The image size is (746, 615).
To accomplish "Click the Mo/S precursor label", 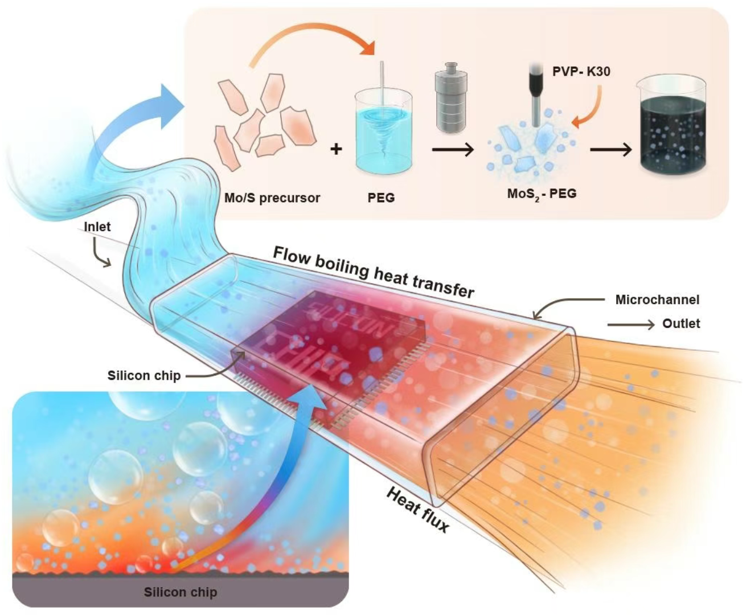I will tap(272, 198).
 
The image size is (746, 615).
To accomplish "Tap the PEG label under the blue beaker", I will tap(381, 198).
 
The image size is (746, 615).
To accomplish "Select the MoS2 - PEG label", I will tap(542, 194).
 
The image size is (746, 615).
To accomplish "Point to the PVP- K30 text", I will tap(581, 72).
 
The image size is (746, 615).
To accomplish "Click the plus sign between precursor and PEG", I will tap(337, 149).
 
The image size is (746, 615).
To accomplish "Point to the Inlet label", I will tap(97, 227).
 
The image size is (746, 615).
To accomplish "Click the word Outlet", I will tap(681, 323).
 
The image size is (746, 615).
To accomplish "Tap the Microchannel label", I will tap(657, 300).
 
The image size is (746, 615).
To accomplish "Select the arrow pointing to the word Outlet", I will tap(631, 325).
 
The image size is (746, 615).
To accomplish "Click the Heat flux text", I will tap(418, 510).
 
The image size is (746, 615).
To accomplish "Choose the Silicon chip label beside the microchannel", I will tap(144, 376).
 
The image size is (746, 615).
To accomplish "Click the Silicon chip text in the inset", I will tap(181, 592).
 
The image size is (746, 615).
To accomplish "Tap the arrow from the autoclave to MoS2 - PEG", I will tap(453, 150).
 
